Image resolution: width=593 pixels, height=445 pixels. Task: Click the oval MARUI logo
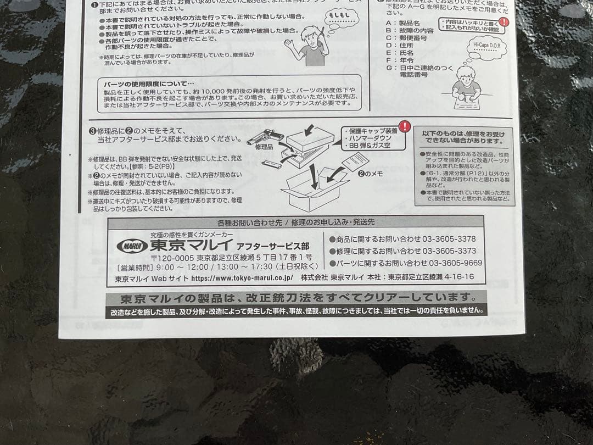coord(132,246)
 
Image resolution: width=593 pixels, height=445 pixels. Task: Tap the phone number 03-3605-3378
coord(452,239)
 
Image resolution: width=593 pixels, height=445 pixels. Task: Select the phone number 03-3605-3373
coord(452,251)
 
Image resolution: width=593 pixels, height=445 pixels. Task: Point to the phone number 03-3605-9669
coord(455,263)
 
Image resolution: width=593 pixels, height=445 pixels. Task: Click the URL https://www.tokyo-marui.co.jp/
coord(242,278)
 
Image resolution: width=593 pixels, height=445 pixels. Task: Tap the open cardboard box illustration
coord(313,190)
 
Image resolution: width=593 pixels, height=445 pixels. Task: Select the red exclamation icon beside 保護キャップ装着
coord(405,127)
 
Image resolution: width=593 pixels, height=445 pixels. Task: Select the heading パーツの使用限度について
coord(148,84)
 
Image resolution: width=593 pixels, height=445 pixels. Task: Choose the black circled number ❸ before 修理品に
coord(92,131)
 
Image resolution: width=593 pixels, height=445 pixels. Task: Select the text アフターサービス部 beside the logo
coord(276,246)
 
